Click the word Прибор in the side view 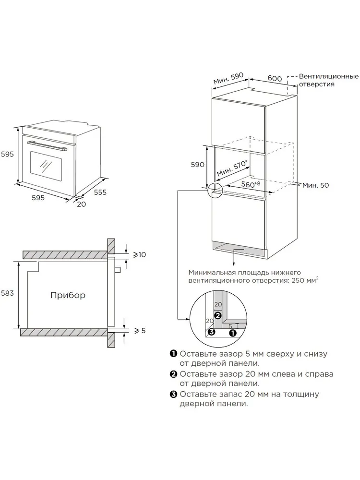click(x=68, y=295)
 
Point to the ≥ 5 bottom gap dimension click(x=140, y=330)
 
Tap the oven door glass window click(x=46, y=166)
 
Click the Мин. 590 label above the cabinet click(x=228, y=79)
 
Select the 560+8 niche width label click(x=250, y=184)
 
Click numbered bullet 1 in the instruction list click(x=174, y=354)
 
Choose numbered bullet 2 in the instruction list click(x=174, y=374)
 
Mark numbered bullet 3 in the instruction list click(x=174, y=394)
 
